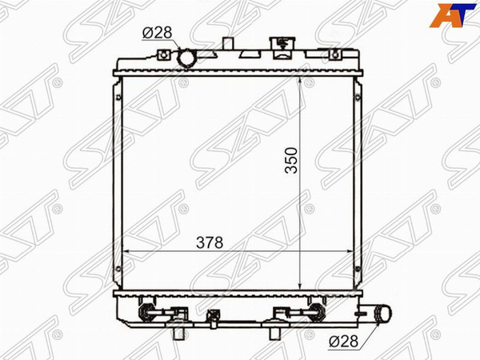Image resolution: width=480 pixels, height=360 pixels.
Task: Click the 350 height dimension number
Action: (291, 161)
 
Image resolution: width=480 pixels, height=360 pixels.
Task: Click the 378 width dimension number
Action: (210, 242)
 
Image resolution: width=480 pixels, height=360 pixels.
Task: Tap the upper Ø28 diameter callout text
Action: (158, 33)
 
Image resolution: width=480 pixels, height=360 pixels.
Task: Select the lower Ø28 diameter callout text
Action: (343, 342)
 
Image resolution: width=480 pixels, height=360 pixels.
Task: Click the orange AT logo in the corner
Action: (452, 16)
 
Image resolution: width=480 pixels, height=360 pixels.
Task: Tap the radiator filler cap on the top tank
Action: (282, 48)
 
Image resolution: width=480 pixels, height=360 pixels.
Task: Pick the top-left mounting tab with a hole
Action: (163, 54)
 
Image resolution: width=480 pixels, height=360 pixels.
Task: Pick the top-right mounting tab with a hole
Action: (335, 54)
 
